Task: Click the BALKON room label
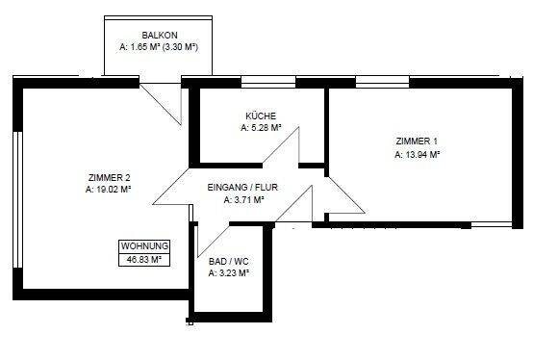pyautogui.click(x=157, y=35)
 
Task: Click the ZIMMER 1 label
pyautogui.click(x=415, y=141)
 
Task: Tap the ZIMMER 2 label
pyautogui.click(x=108, y=177)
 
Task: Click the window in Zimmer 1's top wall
pyautogui.click(x=382, y=82)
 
